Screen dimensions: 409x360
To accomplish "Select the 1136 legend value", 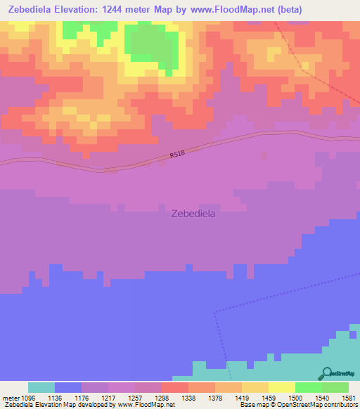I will click(x=69, y=397).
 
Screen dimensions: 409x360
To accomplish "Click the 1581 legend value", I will click(x=349, y=397).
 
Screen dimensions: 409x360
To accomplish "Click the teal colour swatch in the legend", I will click(x=41, y=387).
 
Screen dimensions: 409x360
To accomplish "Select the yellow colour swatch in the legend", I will click(x=281, y=387).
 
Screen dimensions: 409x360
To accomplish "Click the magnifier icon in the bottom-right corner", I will click(x=327, y=374).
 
